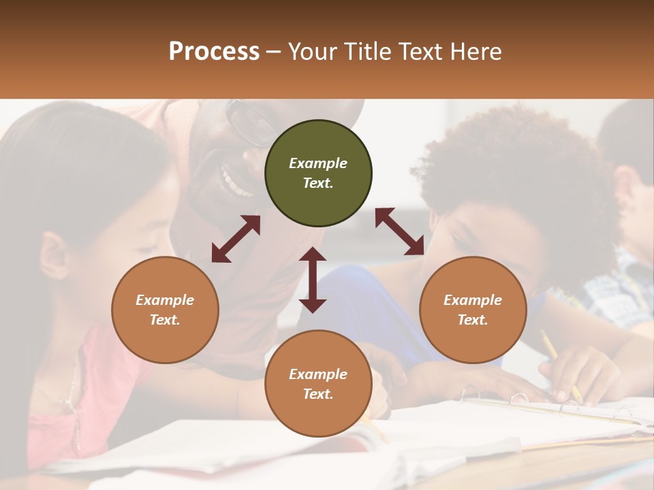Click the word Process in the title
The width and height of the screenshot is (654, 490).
tap(214, 52)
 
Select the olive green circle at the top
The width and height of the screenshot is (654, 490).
tap(318, 174)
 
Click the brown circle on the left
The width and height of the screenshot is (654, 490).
tap(165, 310)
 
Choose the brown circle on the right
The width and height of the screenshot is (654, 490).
tap(473, 310)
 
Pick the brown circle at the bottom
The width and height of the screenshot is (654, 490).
tap(318, 384)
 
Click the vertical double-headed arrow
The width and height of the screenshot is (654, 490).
tap(313, 280)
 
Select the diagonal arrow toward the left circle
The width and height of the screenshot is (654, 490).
tap(236, 239)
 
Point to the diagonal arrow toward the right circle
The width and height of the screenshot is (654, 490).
tap(399, 231)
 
